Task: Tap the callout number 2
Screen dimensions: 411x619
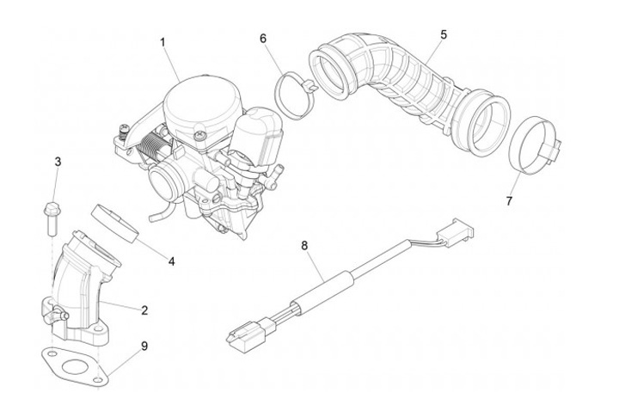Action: point(144,309)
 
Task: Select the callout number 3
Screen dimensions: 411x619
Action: point(58,162)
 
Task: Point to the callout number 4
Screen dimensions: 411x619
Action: point(171,261)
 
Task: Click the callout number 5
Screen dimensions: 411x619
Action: point(443,34)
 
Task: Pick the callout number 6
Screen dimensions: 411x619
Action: point(263,38)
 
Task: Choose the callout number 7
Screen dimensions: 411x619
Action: point(509,200)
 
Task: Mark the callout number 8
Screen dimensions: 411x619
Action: point(303,246)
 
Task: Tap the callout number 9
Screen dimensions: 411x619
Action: point(144,346)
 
